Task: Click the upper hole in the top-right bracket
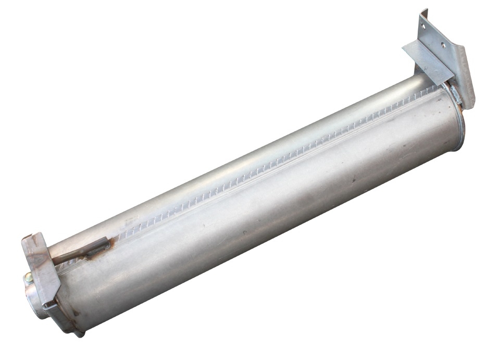(x=422, y=26)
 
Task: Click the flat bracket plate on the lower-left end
(x=42, y=271)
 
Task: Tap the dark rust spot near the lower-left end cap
(x=76, y=313)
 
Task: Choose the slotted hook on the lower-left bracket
(x=49, y=307)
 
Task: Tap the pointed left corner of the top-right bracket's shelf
(x=404, y=48)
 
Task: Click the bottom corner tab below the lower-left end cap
(x=78, y=332)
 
